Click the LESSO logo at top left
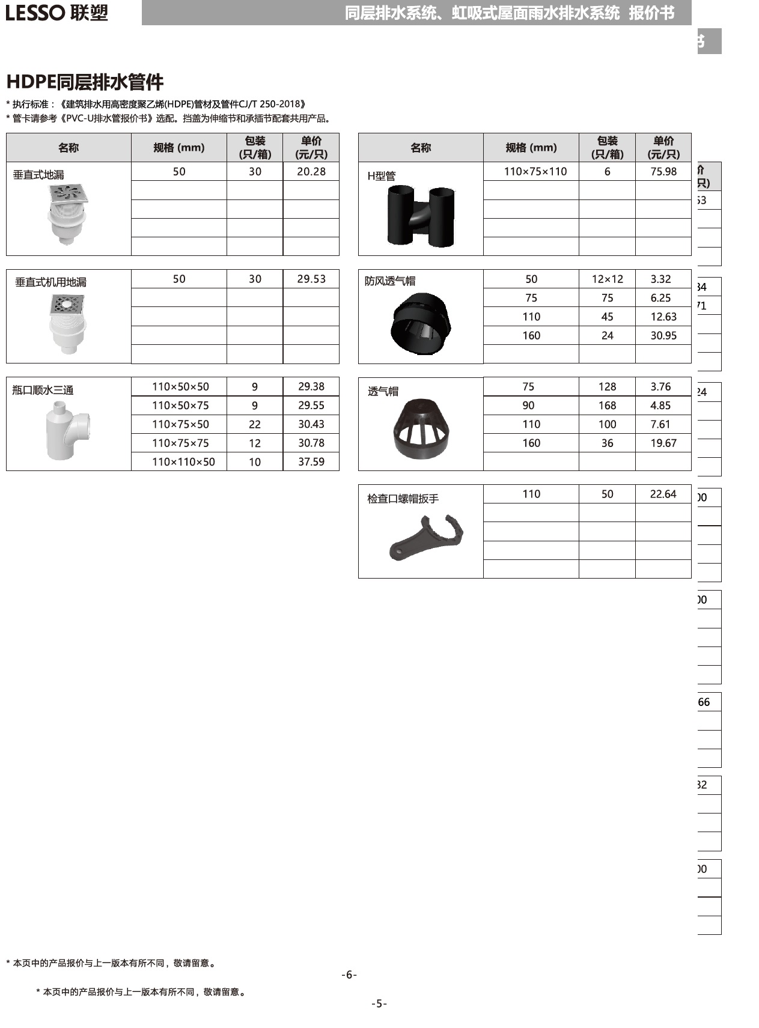tap(56, 13)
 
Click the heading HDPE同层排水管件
tap(85, 82)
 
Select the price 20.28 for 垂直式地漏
tap(311, 172)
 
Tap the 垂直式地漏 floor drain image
tap(68, 214)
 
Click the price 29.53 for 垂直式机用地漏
tap(311, 279)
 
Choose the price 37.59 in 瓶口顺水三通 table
tap(311, 462)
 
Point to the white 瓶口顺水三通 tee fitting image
tap(67, 430)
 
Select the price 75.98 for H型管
tap(663, 172)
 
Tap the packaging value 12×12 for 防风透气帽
tap(608, 279)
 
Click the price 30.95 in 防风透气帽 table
tap(663, 336)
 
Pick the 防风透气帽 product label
tap(390, 281)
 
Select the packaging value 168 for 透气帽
tap(608, 406)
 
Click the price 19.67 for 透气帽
tap(663, 443)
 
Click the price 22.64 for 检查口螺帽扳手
tap(663, 494)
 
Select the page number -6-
tap(349, 975)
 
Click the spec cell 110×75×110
tap(535, 172)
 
